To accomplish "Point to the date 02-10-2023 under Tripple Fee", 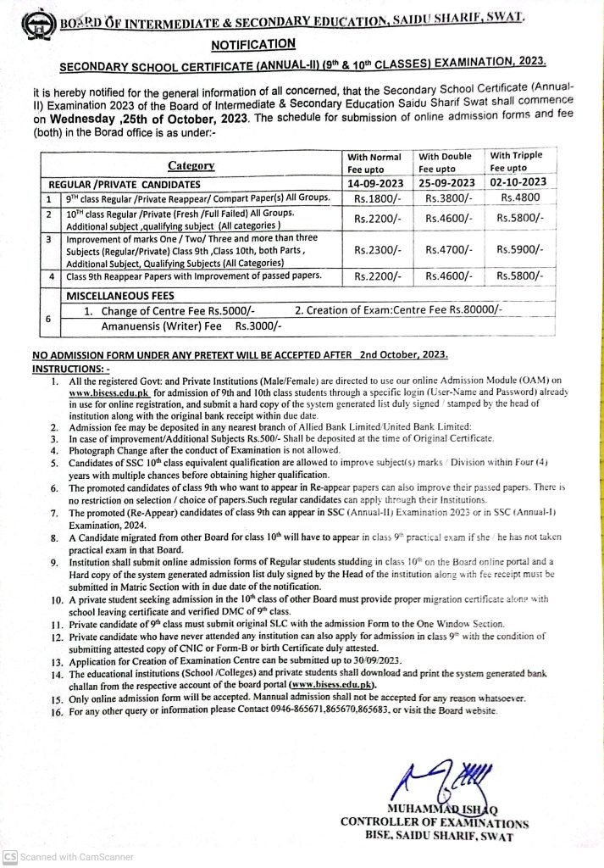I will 518,182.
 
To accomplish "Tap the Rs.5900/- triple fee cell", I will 519,250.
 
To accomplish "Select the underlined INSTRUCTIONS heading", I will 70,370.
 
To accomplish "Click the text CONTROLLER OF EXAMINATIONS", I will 434,821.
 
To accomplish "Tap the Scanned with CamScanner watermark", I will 70,857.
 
